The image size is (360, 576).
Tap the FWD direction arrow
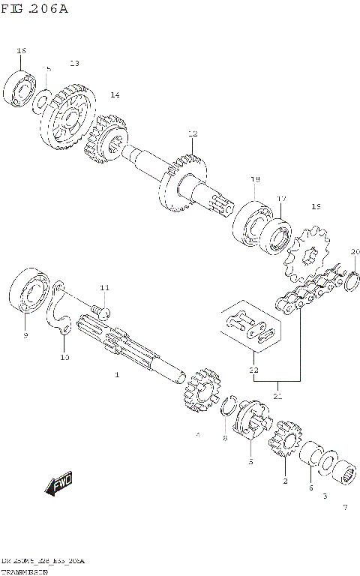tap(59, 485)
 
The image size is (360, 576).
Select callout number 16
tap(21, 50)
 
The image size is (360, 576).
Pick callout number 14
tap(115, 95)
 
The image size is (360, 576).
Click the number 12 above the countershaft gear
tap(193, 133)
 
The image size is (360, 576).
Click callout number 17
tap(282, 199)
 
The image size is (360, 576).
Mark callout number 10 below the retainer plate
tap(64, 357)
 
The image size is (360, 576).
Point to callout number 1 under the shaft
tap(117, 373)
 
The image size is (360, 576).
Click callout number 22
tap(253, 370)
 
